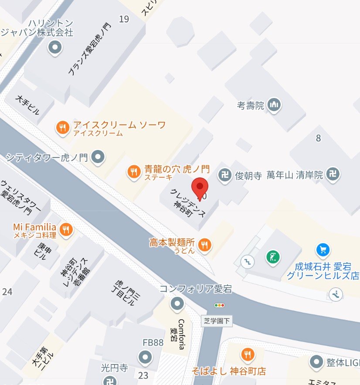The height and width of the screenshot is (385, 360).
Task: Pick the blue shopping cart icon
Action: click(x=323, y=250)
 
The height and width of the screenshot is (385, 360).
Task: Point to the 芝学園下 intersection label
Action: click(x=217, y=321)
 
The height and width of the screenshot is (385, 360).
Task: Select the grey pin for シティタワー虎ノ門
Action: click(x=99, y=156)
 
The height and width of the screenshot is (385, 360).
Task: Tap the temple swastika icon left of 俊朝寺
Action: click(x=225, y=175)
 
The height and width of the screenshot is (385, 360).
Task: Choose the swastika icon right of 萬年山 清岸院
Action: click(x=333, y=175)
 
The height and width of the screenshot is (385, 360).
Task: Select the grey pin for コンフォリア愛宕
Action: click(x=177, y=303)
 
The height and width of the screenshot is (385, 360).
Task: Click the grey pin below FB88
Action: click(x=145, y=358)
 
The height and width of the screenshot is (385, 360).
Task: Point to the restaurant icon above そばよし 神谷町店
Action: click(x=248, y=354)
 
